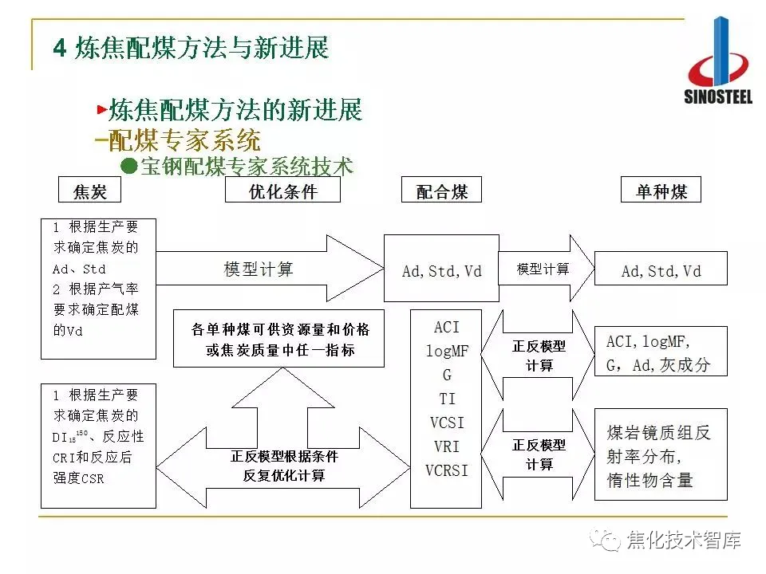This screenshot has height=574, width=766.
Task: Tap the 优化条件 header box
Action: [282, 191]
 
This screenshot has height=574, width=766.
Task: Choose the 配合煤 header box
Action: [441, 191]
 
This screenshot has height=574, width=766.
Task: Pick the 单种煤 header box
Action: [661, 191]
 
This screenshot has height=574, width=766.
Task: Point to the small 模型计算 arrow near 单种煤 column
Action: [546, 269]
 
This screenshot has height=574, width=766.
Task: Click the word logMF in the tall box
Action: [447, 350]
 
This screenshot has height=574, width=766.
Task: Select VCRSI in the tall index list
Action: [447, 470]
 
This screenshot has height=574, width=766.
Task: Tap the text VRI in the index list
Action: [447, 446]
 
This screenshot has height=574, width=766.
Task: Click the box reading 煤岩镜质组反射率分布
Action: [661, 455]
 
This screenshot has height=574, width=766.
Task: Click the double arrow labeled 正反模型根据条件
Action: [283, 466]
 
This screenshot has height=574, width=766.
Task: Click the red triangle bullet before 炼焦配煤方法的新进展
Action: [101, 108]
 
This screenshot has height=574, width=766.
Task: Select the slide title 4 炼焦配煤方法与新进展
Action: [191, 48]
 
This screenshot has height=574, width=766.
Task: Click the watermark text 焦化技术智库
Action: [683, 540]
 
